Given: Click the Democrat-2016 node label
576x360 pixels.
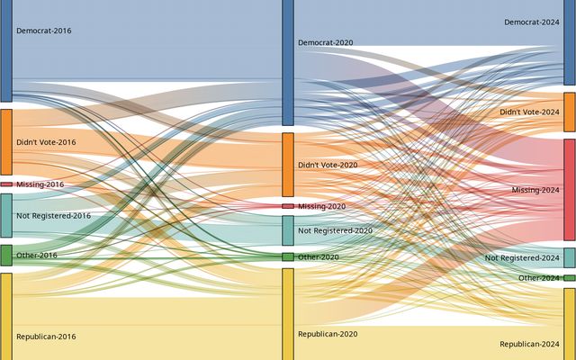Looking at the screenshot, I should pos(43,31).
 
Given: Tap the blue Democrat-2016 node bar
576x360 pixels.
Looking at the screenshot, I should pos(6,50).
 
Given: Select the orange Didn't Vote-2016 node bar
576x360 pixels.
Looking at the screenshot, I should pos(6,142).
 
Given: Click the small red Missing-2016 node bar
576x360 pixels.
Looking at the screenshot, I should pos(6,184).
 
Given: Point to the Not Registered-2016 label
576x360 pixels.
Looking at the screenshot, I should pos(53,216).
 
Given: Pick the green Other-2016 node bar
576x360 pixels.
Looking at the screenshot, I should pos(6,256).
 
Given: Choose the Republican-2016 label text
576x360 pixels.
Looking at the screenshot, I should pos(46,337).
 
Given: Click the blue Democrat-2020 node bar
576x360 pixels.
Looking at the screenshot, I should pos(288,62).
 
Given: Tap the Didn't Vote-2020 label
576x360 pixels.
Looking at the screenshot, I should pos(328,165).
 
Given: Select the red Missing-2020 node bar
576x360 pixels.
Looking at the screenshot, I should pos(288,206).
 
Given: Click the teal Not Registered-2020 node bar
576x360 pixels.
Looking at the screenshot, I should pos(288,230).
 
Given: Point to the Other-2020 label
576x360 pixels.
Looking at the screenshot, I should pos(319,257).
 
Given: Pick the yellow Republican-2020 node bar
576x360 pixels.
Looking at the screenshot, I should pos(288,313).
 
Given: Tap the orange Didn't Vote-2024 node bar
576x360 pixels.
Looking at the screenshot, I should pos(570,112).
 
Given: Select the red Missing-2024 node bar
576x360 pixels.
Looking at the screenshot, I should pos(570,190).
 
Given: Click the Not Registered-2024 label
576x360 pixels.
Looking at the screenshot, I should pos(522,258).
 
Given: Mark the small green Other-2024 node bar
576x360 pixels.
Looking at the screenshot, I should pos(570,278).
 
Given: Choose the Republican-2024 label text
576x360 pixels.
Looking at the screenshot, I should pos(529,344).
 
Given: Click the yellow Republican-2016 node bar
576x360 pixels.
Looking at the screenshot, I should pos(6,316).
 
